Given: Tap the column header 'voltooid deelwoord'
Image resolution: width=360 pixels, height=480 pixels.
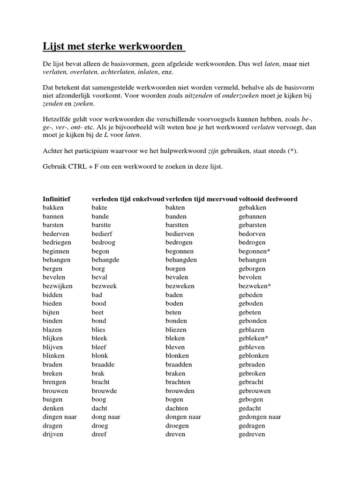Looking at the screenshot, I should [268, 199].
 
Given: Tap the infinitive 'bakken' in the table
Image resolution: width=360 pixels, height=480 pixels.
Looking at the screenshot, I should [53, 208].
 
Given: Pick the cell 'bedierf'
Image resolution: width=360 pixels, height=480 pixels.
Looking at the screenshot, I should [102, 234].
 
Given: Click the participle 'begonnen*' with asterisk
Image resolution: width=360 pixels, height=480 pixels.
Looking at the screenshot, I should [255, 251].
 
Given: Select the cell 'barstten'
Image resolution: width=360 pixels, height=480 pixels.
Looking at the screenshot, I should [177, 225].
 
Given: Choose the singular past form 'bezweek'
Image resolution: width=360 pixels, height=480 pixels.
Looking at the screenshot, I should [104, 286].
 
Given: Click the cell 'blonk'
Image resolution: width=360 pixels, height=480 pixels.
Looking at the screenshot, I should [100, 356].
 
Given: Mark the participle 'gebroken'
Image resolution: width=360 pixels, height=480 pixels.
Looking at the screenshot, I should [252, 374].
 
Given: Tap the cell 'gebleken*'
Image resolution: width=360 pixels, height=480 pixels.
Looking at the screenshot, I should [254, 338].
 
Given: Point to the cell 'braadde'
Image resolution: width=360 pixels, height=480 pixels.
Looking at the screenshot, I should [103, 365].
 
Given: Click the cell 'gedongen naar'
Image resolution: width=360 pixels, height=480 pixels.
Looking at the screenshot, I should [260, 417].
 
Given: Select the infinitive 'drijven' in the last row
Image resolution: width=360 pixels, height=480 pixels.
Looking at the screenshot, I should [53, 434].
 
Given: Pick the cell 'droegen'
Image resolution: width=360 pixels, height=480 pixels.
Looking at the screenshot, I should [177, 426].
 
